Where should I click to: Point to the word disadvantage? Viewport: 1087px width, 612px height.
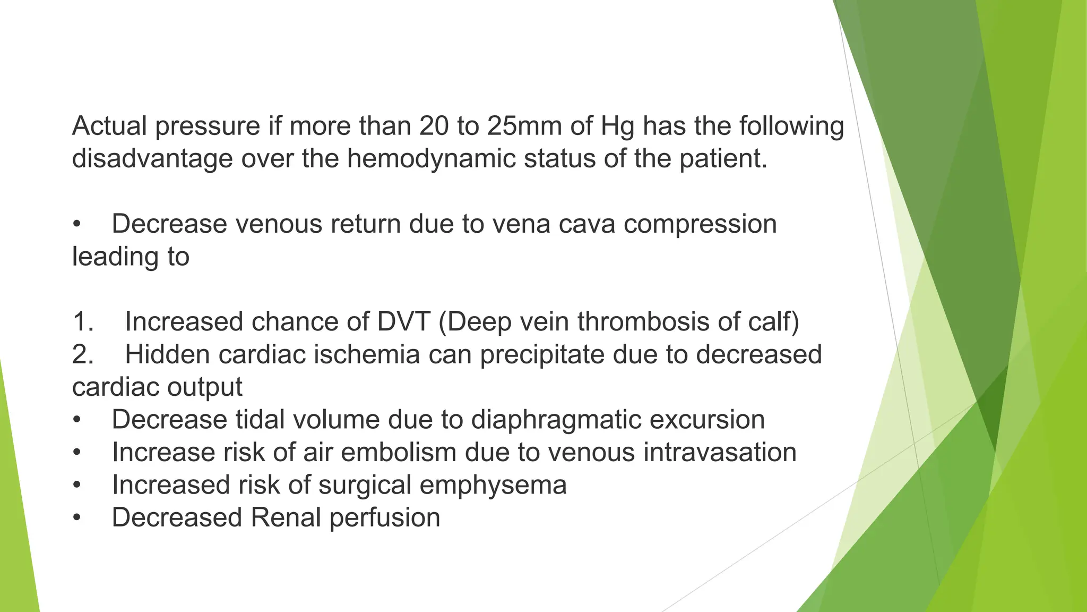(x=152, y=159)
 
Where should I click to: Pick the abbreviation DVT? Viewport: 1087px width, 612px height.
(x=403, y=322)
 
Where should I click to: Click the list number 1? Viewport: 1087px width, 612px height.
(x=83, y=322)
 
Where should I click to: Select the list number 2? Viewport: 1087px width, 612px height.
(x=83, y=354)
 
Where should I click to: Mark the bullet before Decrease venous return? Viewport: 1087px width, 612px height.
(x=77, y=224)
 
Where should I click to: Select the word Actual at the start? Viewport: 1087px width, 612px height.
(x=109, y=126)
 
